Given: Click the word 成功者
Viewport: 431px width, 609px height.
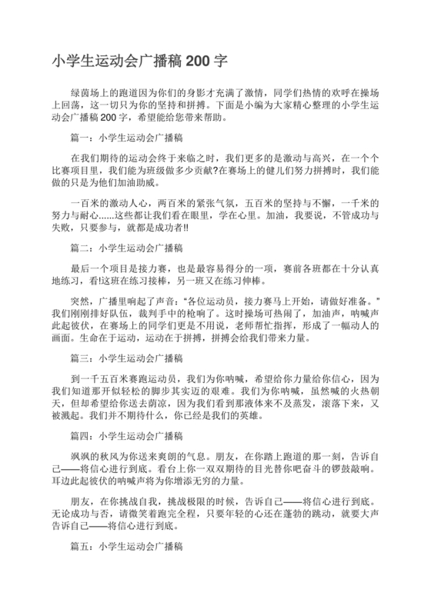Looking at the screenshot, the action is (169, 228).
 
